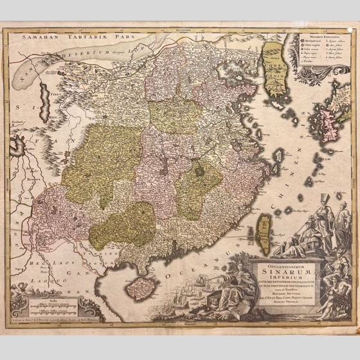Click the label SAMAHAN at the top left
[39, 37]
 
